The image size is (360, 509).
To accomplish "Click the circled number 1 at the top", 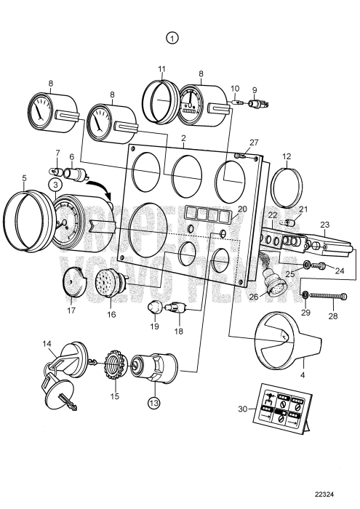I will click(172, 37).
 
